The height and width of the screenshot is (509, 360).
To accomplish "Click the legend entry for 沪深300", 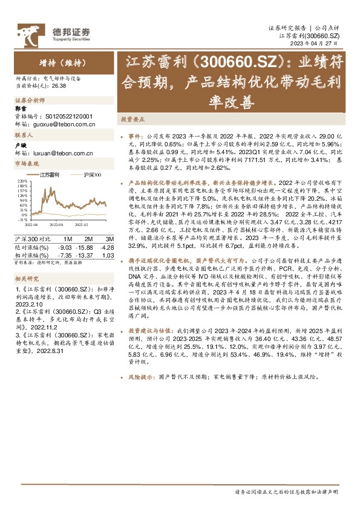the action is tap(91, 175).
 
